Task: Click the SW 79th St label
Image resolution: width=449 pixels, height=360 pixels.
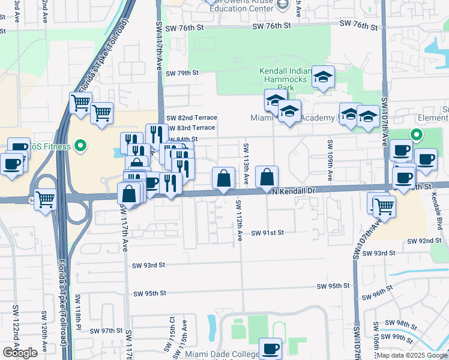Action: click(x=182, y=73)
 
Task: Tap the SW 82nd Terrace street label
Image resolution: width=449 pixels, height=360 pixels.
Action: click(x=191, y=118)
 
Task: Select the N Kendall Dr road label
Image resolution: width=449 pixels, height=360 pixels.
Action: click(x=294, y=191)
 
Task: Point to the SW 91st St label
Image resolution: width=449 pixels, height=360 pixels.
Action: click(x=267, y=233)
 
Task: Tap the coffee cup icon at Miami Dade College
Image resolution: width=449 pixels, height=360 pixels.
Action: click(x=270, y=348)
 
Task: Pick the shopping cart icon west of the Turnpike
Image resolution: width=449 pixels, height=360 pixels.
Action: click(x=46, y=199)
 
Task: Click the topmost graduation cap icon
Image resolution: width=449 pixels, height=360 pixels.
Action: click(x=323, y=76)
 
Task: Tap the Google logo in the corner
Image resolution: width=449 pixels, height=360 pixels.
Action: click(x=19, y=353)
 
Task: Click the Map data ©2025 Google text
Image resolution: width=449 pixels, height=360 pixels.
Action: click(x=411, y=355)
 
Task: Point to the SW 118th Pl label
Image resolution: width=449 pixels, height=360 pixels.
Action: click(x=78, y=311)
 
